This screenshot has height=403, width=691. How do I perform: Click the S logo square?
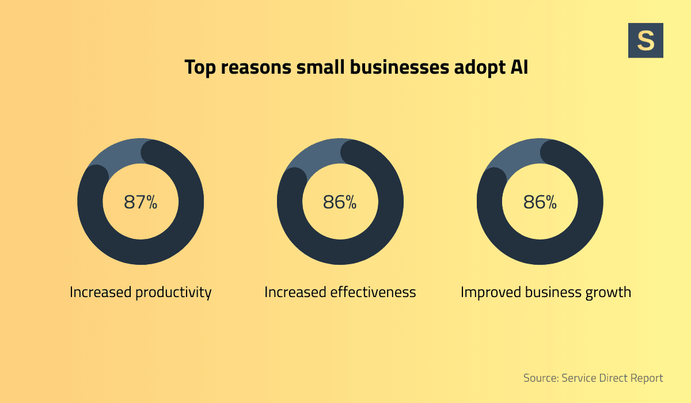646,40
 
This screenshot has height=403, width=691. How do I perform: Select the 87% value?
141,202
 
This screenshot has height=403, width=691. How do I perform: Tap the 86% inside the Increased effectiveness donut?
340,202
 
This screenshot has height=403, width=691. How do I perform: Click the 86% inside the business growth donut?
540,202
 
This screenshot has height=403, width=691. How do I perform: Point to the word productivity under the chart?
173,292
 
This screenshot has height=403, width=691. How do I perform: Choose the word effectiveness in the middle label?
373,292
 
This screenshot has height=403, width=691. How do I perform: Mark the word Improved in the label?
489,292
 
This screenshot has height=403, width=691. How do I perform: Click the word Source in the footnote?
541,378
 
